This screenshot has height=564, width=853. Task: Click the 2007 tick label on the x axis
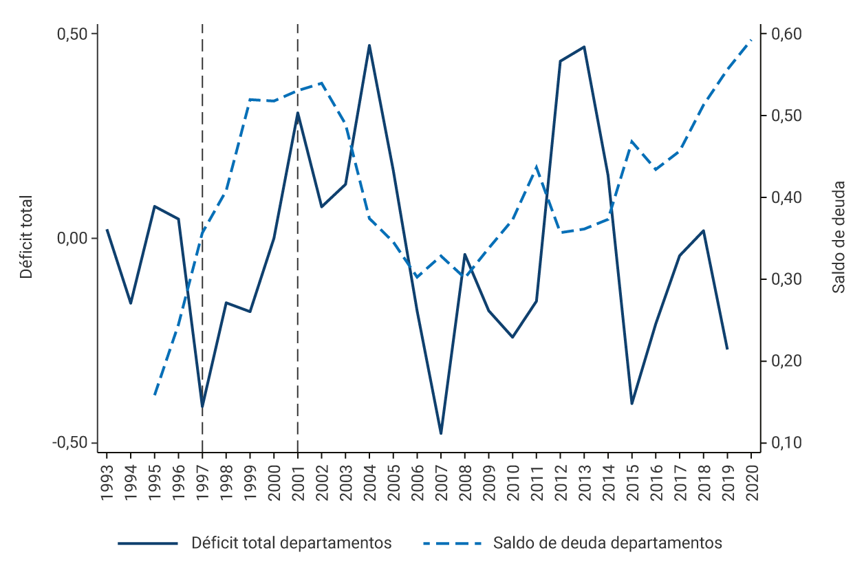click(x=441, y=477)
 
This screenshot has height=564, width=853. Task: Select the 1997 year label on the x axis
click(x=202, y=477)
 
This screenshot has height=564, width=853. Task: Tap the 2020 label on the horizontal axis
click(x=751, y=477)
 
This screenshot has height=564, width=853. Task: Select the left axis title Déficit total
click(x=27, y=237)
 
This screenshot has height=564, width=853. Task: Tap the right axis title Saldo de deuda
click(x=839, y=237)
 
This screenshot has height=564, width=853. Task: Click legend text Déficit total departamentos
click(x=291, y=543)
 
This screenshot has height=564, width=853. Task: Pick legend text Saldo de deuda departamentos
click(x=607, y=543)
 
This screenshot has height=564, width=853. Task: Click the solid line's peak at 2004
click(x=369, y=45)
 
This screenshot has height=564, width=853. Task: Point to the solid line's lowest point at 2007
click(x=441, y=433)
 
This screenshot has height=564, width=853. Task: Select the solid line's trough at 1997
click(x=202, y=406)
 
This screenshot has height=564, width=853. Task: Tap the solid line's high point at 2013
click(x=584, y=47)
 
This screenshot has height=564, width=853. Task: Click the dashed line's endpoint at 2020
click(x=751, y=40)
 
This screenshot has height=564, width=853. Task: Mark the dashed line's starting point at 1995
click(x=155, y=395)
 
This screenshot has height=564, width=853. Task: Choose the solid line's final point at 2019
click(x=727, y=349)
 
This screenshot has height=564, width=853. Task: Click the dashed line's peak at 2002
click(x=322, y=83)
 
